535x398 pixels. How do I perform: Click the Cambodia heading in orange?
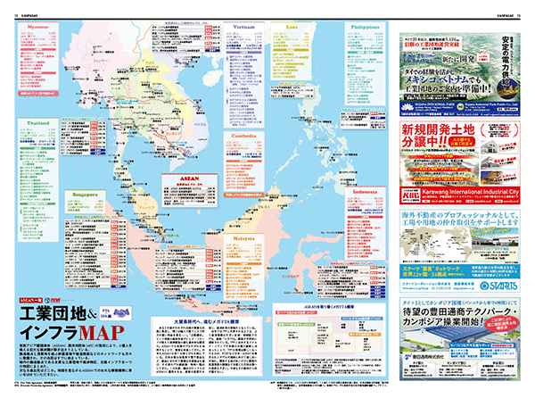[243, 135]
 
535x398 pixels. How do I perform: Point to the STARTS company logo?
[486, 287]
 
